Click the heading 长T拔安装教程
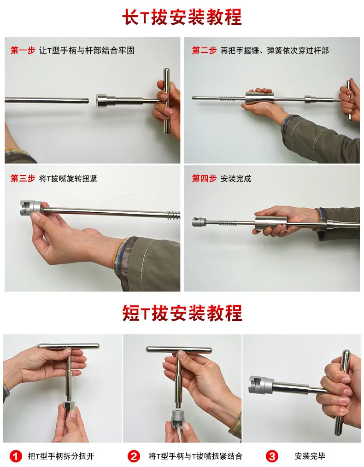[182, 17]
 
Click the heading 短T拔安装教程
[182, 313]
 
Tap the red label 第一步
[23, 50]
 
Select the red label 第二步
[204, 50]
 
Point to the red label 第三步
[23, 178]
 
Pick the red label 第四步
[204, 178]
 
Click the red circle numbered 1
[16, 456]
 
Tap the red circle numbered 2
[134, 456]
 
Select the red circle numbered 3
[272, 456]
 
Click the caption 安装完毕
[310, 456]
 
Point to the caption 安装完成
[235, 179]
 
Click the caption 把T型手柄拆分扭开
[61, 456]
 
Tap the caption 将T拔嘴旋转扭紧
[68, 179]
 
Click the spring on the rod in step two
[227, 98]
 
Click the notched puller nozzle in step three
[31, 206]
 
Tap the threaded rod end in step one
[86, 101]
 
